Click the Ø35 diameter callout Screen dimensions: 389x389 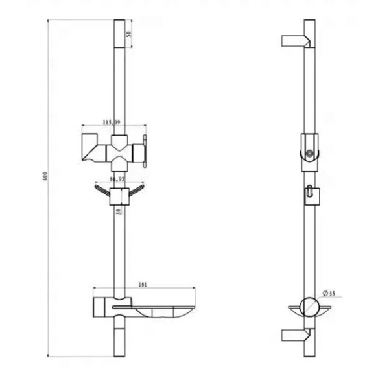[330, 292]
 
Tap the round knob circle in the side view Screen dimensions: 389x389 [311, 154]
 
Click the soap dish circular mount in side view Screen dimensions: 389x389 [310, 307]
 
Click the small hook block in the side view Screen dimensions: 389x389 [310, 194]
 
